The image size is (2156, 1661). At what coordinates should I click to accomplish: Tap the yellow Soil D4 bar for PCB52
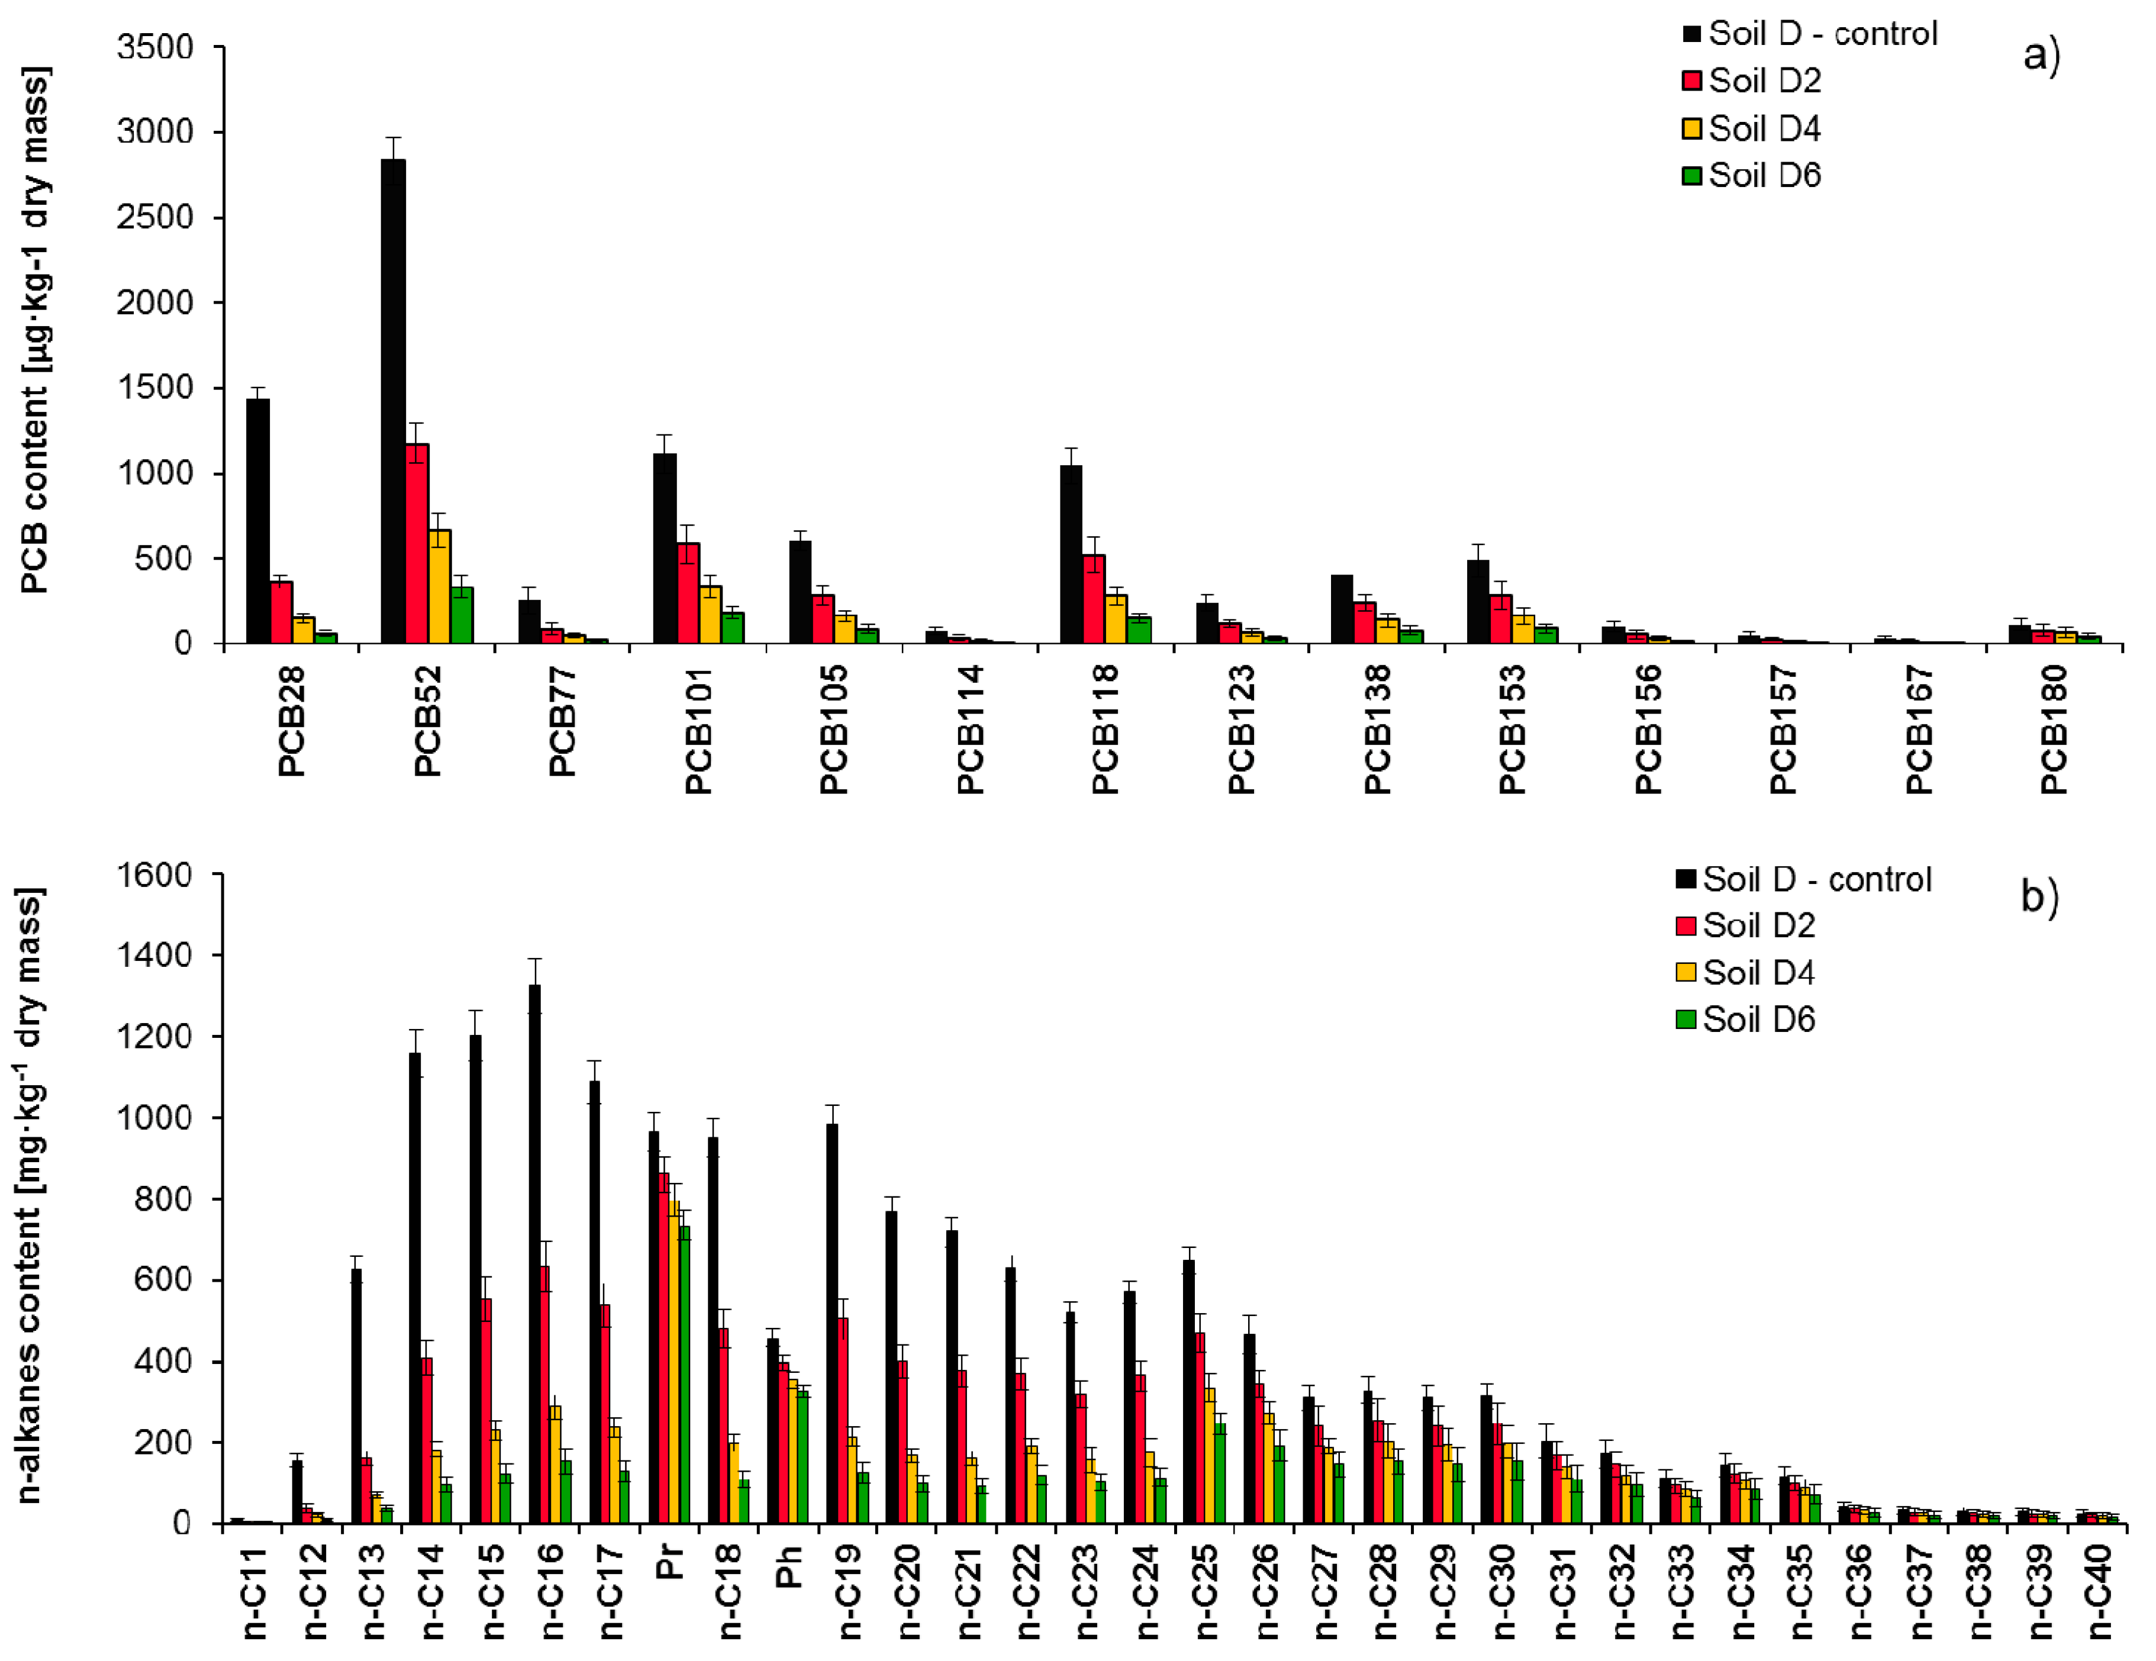coord(439,586)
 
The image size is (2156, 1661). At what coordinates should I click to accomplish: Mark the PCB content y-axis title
coord(34,331)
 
